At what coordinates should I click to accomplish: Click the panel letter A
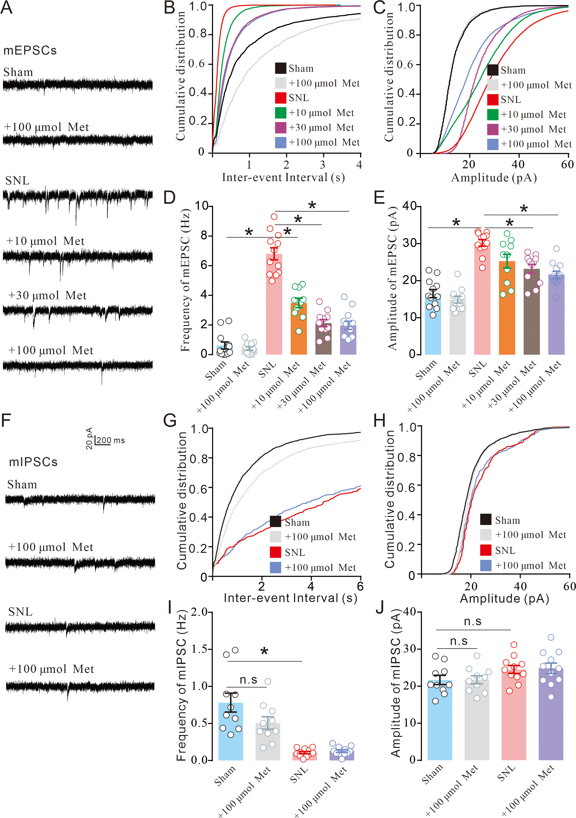pyautogui.click(x=7, y=8)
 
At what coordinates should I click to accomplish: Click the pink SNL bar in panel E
pyautogui.click(x=482, y=299)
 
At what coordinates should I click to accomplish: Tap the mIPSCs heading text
pyautogui.click(x=33, y=462)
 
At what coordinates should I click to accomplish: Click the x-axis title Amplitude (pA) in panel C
pyautogui.click(x=494, y=178)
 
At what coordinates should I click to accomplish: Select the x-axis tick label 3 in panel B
pyautogui.click(x=322, y=165)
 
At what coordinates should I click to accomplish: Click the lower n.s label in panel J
pyautogui.click(x=458, y=641)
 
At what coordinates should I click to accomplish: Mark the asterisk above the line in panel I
pyautogui.click(x=264, y=652)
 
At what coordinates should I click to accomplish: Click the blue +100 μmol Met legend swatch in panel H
pyautogui.click(x=486, y=565)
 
